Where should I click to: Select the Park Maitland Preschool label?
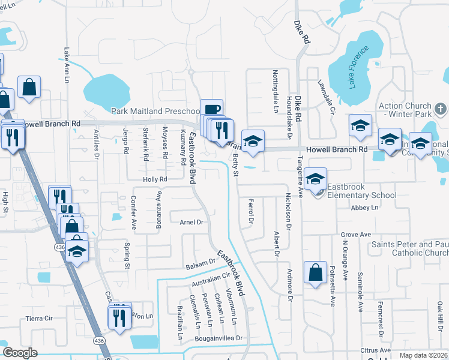tap(155, 111)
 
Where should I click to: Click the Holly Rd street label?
tap(154, 179)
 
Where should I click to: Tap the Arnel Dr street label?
tap(192, 222)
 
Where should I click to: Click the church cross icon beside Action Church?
tap(440, 109)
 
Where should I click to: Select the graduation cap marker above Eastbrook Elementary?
tap(315, 178)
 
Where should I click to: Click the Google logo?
tap(20, 353)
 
